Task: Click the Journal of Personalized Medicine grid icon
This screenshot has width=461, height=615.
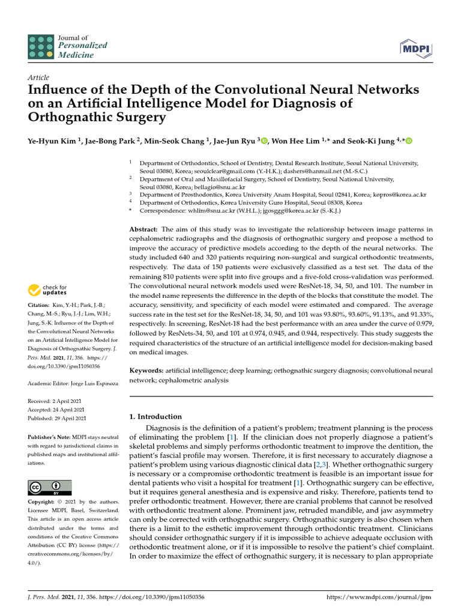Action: coord(40,47)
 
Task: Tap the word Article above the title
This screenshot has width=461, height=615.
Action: coord(38,77)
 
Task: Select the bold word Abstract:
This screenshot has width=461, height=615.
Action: coord(143,230)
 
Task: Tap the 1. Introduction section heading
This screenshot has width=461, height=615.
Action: coord(155,416)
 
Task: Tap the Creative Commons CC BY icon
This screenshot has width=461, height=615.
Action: coord(50,487)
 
